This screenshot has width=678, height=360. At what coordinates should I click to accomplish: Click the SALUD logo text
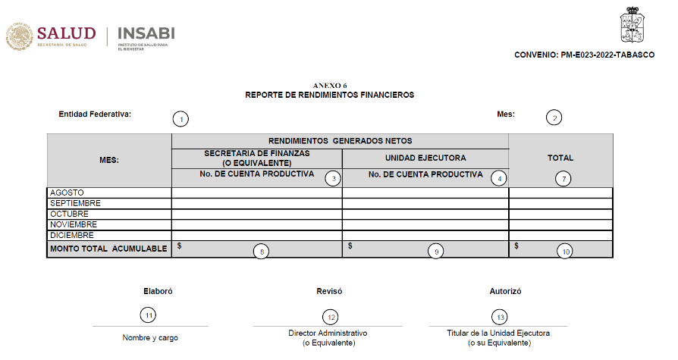[66, 33]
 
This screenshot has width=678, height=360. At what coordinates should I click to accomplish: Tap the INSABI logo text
[146, 33]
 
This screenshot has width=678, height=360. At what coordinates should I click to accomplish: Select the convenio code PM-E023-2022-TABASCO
[584, 55]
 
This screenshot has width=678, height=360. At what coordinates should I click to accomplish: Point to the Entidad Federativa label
[95, 114]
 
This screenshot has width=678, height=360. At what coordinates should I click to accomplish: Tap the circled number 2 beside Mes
[555, 117]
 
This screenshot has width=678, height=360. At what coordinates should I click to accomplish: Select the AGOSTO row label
[67, 193]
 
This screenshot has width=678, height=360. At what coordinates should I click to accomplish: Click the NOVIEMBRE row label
[73, 225]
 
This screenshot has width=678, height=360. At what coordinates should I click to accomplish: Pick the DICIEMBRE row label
[71, 236]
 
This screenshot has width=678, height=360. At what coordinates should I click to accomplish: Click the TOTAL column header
[560, 158]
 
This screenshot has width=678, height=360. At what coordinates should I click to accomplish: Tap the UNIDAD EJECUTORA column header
[425, 158]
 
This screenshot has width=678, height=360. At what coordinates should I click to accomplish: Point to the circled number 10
[564, 251]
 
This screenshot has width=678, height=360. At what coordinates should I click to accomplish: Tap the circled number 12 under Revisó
[330, 317]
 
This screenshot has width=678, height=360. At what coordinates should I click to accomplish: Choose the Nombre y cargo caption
[150, 338]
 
